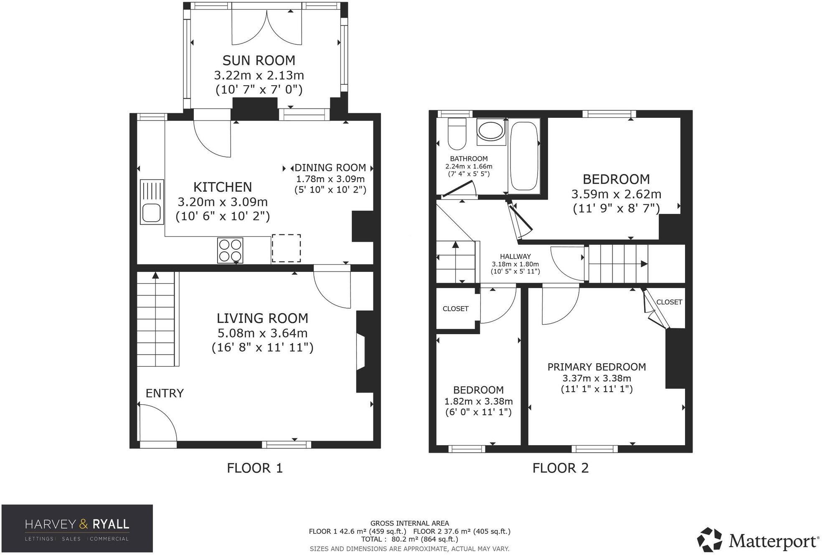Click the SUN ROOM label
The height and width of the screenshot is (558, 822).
click(259, 61)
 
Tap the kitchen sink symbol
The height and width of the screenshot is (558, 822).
click(152, 202)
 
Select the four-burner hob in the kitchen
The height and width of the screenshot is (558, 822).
click(230, 250)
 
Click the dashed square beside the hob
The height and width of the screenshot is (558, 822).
click(286, 248)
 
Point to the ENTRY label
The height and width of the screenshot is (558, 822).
click(165, 393)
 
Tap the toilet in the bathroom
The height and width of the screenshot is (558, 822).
click(457, 134)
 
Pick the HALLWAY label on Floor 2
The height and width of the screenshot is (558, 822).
click(515, 256)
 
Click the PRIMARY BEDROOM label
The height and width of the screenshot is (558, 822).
click(596, 367)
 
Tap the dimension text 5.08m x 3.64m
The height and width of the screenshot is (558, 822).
click(262, 333)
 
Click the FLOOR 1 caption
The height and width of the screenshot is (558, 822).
click(255, 468)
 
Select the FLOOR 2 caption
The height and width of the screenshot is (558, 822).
click(561, 468)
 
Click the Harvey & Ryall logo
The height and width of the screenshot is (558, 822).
click(77, 528)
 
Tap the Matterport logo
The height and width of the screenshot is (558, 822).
click(758, 540)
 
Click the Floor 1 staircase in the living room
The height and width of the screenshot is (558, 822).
click(156, 320)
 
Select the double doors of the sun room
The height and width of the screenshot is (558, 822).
click(266, 27)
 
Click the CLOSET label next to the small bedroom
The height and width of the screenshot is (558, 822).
click(455, 309)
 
